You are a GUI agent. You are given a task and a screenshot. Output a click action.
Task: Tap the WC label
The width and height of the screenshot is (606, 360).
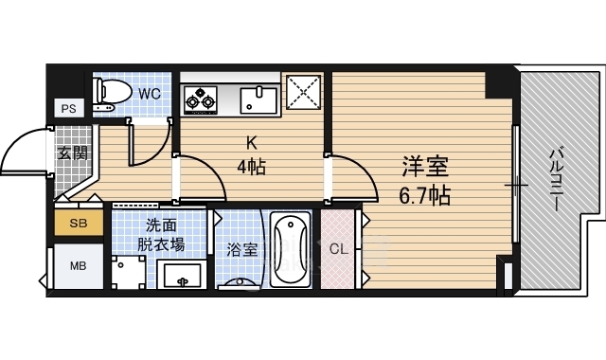tap(150, 94)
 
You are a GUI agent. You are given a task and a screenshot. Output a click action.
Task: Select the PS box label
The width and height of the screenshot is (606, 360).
tap(68, 109)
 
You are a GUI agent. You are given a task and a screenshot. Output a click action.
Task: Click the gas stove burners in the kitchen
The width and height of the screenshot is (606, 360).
tap(200, 100)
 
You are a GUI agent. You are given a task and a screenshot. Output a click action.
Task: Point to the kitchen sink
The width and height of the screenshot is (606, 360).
tap(258, 100)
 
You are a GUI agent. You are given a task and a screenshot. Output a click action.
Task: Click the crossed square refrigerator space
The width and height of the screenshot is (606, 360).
tap(304, 93)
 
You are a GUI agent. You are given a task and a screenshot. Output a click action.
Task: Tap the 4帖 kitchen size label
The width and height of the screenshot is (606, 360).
tap(251, 167)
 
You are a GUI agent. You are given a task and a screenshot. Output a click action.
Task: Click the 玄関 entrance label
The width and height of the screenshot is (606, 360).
tap(73, 153)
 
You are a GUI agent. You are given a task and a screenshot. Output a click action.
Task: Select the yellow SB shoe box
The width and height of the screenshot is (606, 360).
tap(79, 223)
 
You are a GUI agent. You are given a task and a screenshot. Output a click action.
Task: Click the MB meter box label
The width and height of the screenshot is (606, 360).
tap(78, 266)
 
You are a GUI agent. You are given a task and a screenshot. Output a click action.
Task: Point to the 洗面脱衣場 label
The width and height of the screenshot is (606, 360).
tap(161, 235)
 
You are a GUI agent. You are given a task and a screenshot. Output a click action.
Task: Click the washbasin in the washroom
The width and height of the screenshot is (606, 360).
tap(182, 275)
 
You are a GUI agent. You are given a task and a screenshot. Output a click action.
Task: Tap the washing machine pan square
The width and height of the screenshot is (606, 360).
tap(129, 273)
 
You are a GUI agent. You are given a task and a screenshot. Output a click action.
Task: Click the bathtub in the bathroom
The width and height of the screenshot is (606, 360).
tap(291, 249)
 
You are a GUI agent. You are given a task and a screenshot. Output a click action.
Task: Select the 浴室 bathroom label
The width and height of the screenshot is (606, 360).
tap(242, 250)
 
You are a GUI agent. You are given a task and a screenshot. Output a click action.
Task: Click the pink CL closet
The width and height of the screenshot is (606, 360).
tap(338, 249)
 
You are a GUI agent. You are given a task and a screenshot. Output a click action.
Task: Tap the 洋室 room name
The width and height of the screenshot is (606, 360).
tap(425, 167)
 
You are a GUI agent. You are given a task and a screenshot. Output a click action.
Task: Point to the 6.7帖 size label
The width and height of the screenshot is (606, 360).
tap(425, 195)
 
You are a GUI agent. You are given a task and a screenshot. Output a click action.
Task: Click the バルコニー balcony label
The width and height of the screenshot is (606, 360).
tap(556, 180)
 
